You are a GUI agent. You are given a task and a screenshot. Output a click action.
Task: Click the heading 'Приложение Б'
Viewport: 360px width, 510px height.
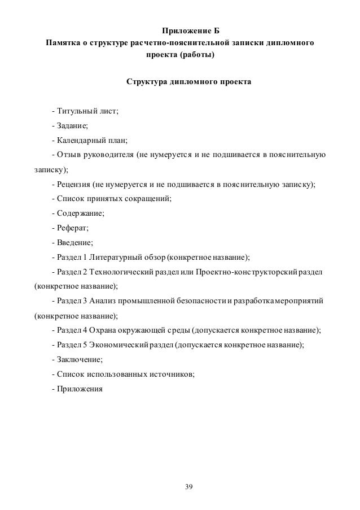180,29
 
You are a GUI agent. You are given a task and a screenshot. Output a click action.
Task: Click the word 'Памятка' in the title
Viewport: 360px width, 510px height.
63,43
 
